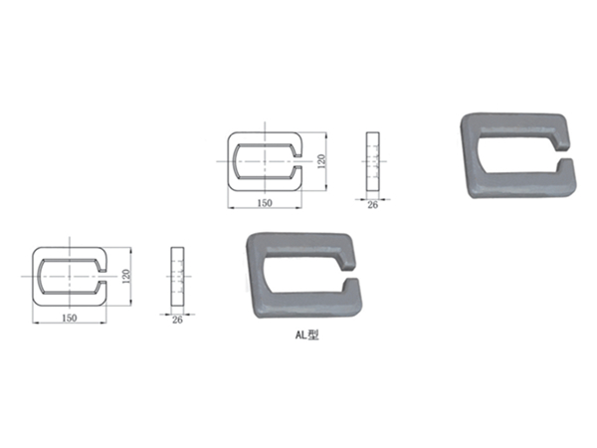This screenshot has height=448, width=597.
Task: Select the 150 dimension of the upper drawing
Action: (x=265, y=202)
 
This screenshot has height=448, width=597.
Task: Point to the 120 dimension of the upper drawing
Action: (x=321, y=160)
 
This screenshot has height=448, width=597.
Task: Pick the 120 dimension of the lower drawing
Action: (x=126, y=276)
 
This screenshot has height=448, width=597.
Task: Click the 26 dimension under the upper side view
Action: (x=373, y=204)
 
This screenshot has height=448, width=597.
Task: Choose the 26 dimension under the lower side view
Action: (x=178, y=319)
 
